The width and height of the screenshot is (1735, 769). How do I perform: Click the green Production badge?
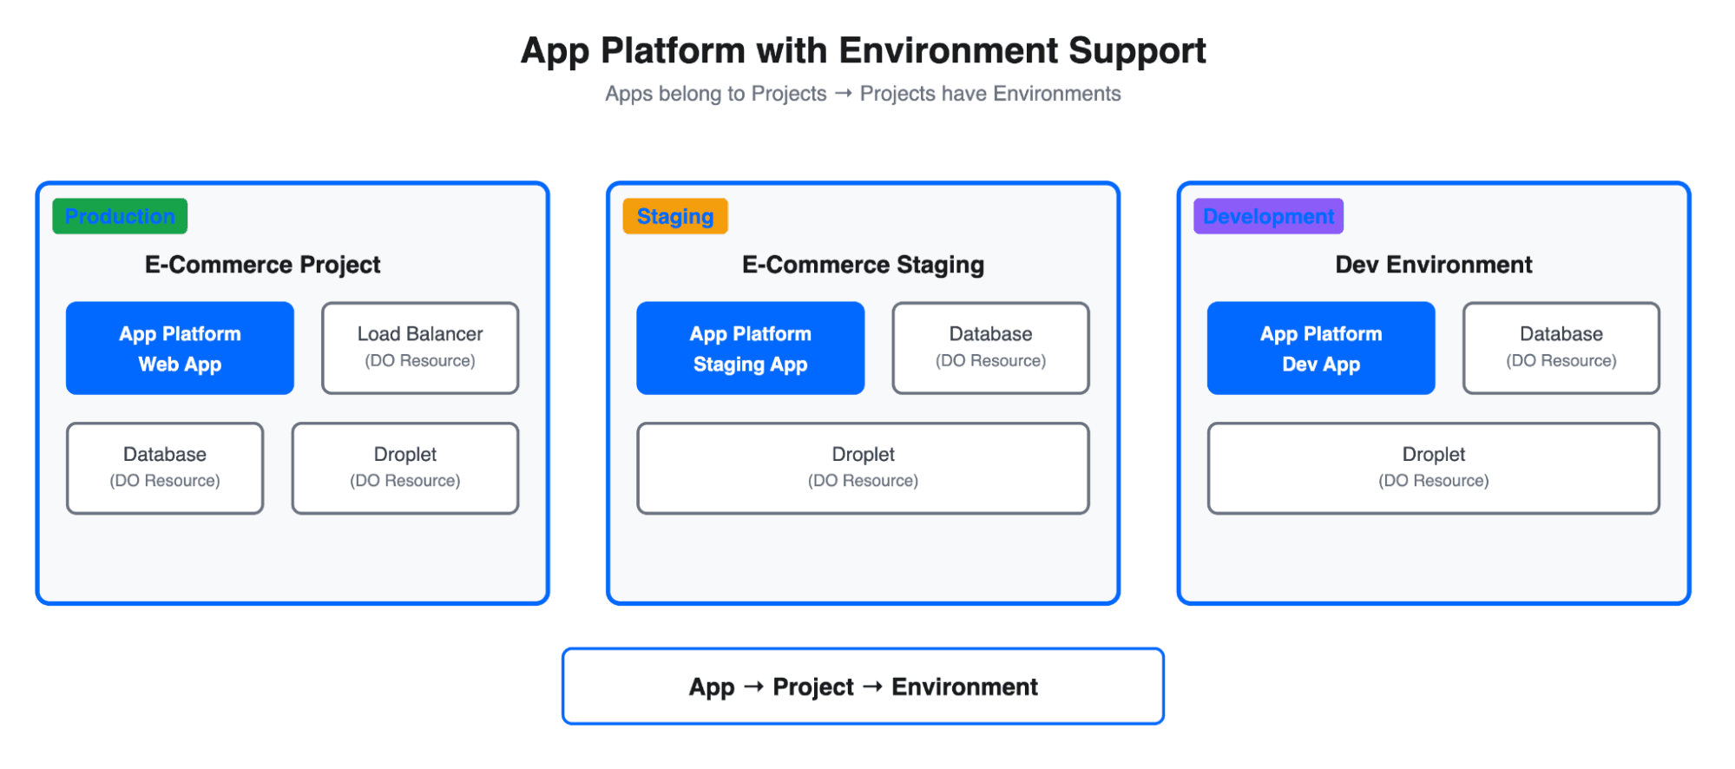click(120, 216)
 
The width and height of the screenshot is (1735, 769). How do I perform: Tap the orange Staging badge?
click(675, 216)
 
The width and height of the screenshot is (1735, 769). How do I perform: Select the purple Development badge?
click(1268, 216)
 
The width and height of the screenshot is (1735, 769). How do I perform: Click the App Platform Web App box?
click(180, 348)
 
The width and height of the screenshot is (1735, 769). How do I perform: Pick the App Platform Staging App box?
click(750, 348)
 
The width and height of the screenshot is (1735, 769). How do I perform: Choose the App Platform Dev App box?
click(1320, 348)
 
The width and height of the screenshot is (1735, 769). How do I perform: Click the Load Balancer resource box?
click(420, 348)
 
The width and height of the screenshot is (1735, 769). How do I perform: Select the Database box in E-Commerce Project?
click(165, 468)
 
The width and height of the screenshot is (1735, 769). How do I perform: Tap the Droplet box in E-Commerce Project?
click(405, 468)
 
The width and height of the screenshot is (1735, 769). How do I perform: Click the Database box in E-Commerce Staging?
click(990, 348)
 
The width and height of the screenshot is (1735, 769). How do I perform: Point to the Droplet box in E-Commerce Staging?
click(863, 468)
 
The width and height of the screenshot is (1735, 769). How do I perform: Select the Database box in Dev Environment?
click(1561, 348)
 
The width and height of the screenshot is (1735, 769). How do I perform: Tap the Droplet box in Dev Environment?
click(1433, 468)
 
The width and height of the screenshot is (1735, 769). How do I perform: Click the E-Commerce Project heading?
click(262, 265)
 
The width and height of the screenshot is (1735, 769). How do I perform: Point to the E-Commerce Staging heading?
click(863, 265)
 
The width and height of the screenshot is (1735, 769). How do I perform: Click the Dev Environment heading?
click(1433, 265)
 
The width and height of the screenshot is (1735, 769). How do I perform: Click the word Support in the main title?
click(1137, 51)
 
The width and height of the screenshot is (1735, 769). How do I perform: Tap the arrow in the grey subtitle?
click(843, 93)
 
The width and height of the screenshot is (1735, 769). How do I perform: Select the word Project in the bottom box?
click(813, 687)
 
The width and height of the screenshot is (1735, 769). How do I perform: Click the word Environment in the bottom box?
click(964, 687)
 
